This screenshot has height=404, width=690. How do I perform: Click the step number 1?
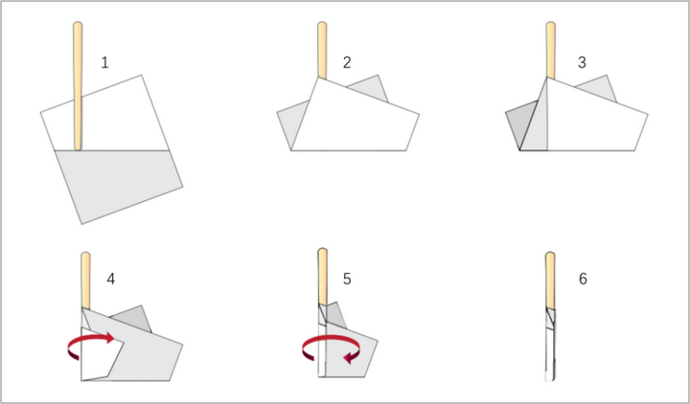coord(104,63)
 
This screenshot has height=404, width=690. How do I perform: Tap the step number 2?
coord(347,63)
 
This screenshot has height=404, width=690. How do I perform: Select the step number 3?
coord(582,63)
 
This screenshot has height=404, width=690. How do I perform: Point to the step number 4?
coord(111,279)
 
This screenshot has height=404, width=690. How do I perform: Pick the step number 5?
coord(347,279)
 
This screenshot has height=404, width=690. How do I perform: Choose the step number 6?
coord(583,279)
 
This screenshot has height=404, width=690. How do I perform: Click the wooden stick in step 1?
coord(78,86)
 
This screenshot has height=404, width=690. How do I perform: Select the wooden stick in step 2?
coord(322,50)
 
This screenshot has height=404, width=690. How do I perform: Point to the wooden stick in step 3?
coord(550,50)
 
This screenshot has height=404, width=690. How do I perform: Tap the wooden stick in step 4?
coord(86,281)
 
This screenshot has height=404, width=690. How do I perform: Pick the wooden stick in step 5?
coord(323,276)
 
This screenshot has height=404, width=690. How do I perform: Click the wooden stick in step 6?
coord(550,281)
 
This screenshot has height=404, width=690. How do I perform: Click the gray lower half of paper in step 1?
coord(119,183)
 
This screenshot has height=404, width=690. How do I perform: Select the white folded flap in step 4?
coord(99,355)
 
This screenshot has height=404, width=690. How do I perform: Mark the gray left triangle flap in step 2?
coord(291,121)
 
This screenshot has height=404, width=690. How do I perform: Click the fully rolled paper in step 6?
coord(550,344)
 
